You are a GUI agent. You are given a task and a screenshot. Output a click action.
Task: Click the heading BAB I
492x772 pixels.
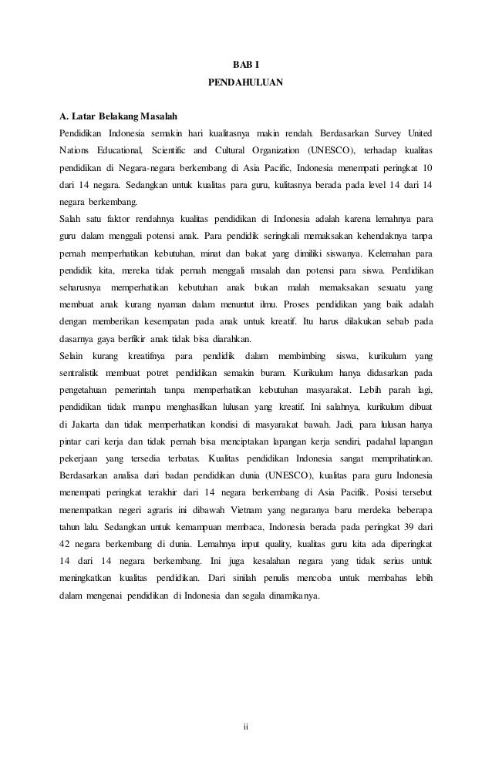[x=246, y=62]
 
